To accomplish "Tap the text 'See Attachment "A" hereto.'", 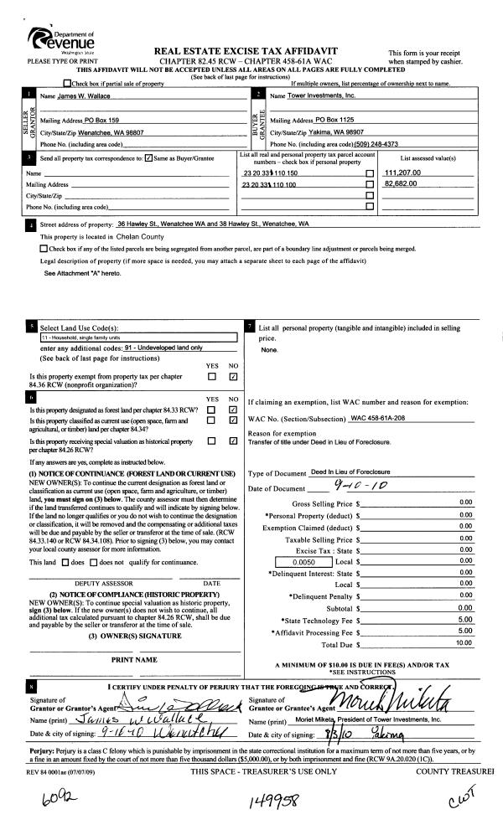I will click(x=87, y=273).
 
